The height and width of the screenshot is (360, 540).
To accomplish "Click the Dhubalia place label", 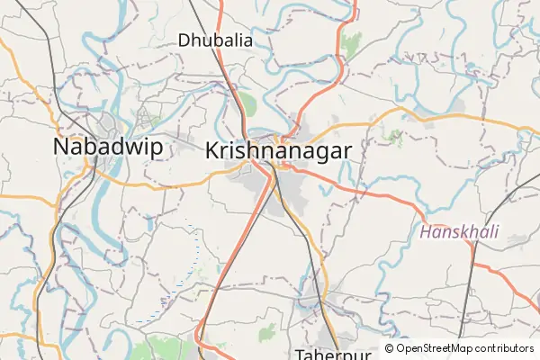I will (x=215, y=40).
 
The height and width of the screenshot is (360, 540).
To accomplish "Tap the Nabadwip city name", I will (x=108, y=148).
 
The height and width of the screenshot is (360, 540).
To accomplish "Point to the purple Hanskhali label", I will (x=459, y=232).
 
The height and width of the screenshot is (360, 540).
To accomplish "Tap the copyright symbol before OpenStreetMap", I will (x=389, y=348).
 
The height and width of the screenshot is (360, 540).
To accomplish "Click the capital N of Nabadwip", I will (x=61, y=148).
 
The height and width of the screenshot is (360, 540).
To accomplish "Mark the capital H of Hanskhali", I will (x=425, y=232).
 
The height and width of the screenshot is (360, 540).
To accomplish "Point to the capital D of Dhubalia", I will (x=184, y=40).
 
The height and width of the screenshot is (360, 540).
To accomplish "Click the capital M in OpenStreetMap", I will (x=454, y=348).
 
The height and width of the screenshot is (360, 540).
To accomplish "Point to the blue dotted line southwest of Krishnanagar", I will (x=189, y=261).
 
